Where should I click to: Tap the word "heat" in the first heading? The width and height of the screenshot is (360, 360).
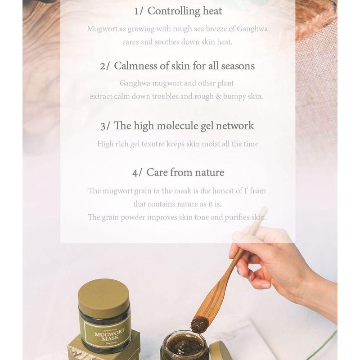pos(211,11)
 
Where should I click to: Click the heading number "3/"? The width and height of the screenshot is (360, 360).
pos(105,126)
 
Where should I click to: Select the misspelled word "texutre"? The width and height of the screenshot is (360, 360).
pos(167,144)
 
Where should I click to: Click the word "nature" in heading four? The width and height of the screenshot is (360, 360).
pos(207,172)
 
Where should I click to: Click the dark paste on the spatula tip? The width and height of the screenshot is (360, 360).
pos(198,323)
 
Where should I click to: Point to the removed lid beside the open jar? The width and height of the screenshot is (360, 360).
pos(220,351)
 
